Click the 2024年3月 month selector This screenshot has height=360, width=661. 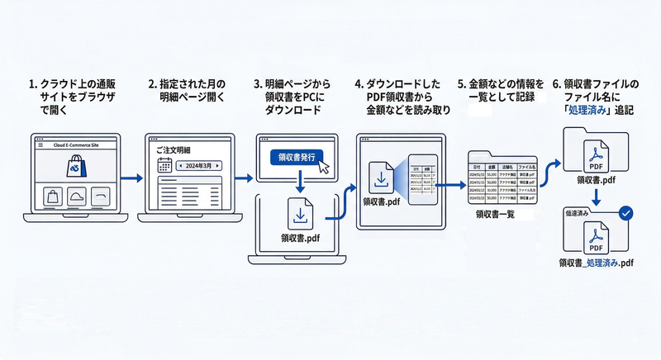[199, 166]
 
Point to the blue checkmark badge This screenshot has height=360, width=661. [626, 213]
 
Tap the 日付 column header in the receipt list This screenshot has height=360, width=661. [478, 166]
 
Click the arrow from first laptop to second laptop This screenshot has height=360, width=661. [130, 177]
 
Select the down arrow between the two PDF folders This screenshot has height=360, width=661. [594, 197]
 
